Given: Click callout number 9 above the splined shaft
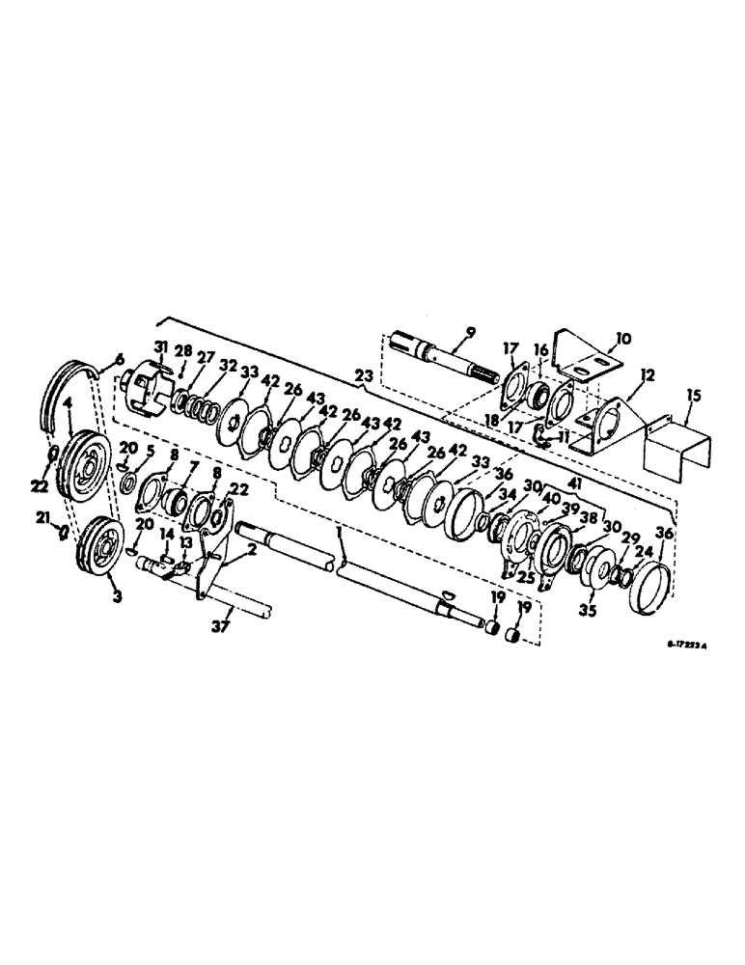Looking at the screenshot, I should tap(470, 335).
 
